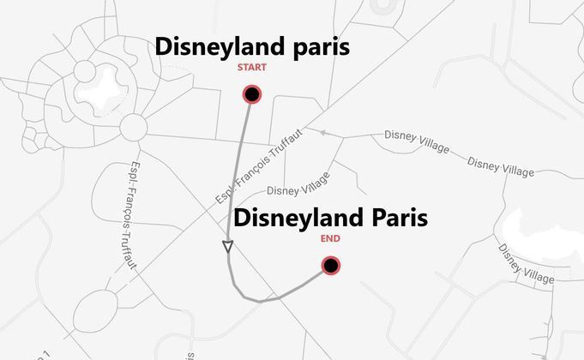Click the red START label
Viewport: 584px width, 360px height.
(x=252, y=68)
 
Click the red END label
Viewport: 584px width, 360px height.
(x=329, y=239)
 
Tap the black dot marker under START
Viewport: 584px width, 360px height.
(x=252, y=93)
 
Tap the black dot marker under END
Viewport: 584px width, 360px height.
(x=330, y=266)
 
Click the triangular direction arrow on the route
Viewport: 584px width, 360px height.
(x=228, y=248)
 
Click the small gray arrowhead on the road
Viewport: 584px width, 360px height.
(x=323, y=133)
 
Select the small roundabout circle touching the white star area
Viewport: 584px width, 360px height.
(x=86, y=68)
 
